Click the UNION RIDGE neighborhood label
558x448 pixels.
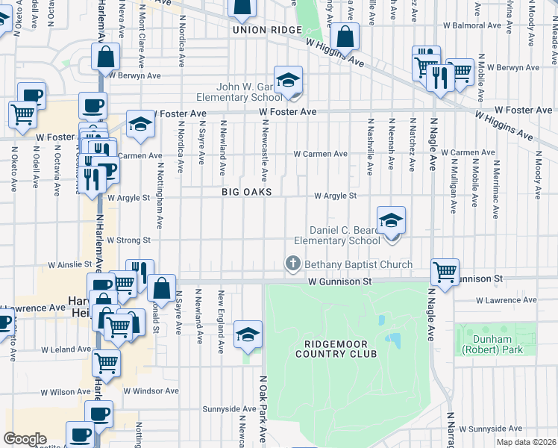click(x=266, y=30)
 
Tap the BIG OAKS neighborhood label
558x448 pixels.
click(x=246, y=192)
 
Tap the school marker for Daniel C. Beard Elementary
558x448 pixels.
click(x=391, y=221)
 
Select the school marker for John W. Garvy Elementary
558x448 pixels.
click(x=287, y=81)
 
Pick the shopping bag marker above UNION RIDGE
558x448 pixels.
click(x=242, y=9)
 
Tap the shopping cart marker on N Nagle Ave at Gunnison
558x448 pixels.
click(x=445, y=273)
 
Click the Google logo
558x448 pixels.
click(x=25, y=439)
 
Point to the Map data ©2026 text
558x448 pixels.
click(x=526, y=442)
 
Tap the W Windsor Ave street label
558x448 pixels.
click(x=151, y=391)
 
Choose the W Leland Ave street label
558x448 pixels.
click(x=66, y=349)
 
